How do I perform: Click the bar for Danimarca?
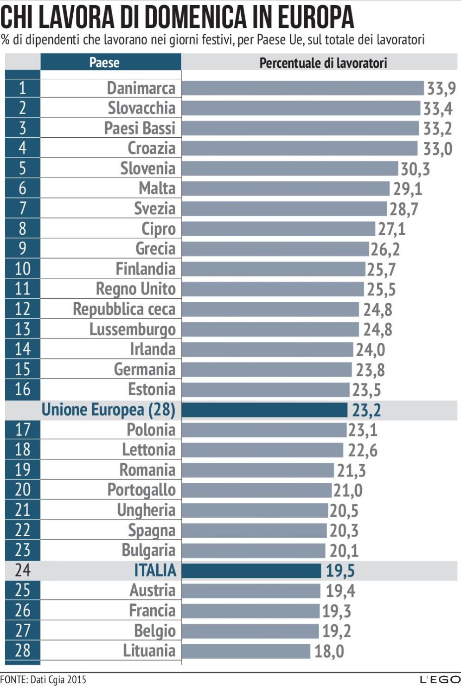click(x=302, y=88)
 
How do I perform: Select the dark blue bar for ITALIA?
click(x=251, y=571)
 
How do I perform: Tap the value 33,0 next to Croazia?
click(x=437, y=149)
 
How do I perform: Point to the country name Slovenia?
click(x=147, y=168)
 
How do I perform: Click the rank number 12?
click(x=22, y=309)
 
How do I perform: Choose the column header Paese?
click(x=104, y=63)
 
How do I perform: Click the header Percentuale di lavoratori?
click(x=323, y=63)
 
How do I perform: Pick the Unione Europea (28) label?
click(x=109, y=410)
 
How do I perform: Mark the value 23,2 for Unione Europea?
click(x=366, y=410)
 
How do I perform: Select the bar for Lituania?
click(x=246, y=651)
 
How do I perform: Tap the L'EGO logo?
click(x=440, y=680)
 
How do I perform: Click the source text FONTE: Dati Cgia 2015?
click(x=43, y=680)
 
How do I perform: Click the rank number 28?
click(x=22, y=651)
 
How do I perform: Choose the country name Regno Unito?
click(x=135, y=289)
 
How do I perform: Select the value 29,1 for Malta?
click(x=408, y=189)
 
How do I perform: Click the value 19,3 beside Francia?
click(x=337, y=611)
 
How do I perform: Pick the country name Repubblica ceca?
click(x=124, y=309)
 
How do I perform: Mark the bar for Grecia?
click(x=275, y=249)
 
